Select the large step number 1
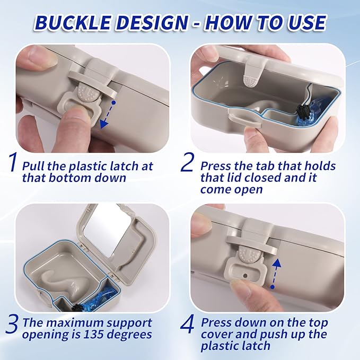13,163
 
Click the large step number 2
187,163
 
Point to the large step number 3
12,324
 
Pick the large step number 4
188,324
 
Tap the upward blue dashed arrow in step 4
275,273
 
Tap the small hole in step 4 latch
245,275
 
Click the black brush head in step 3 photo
76,307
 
